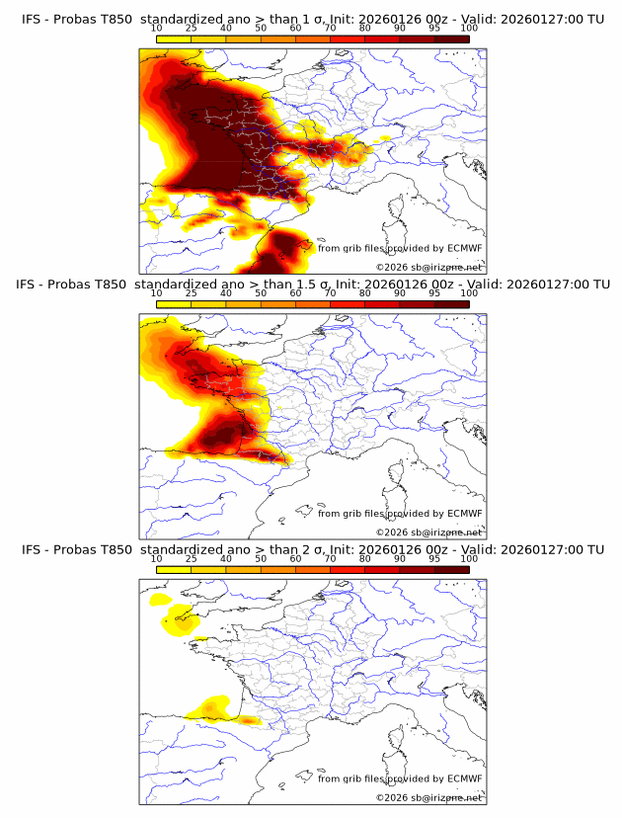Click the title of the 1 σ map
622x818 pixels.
[x=312, y=20]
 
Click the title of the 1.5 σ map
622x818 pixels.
[x=312, y=285]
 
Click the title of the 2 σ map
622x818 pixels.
[x=312, y=549]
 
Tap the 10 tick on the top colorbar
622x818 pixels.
[x=157, y=29]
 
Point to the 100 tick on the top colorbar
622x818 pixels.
[x=469, y=29]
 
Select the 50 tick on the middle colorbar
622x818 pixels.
[x=261, y=293]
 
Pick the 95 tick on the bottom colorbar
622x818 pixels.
[x=434, y=558]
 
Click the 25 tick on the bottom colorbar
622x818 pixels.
[x=192, y=558]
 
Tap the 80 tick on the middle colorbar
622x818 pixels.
[x=365, y=293]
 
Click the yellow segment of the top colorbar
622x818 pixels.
[x=174, y=39]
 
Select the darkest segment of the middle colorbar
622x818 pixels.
[x=451, y=303]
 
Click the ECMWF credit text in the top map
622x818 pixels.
[x=399, y=248]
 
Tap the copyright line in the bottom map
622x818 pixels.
[x=428, y=797]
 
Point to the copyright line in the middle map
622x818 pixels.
[x=428, y=532]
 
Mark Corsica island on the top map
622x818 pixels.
[x=397, y=209]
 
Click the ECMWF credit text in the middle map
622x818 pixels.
[x=399, y=513]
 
